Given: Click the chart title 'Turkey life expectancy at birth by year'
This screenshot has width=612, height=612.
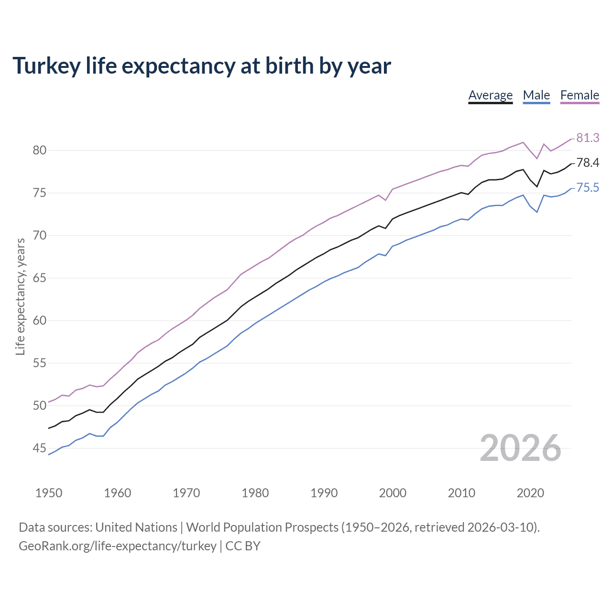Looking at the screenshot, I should click(x=201, y=66).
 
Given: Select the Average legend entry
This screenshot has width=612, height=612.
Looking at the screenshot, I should click(x=490, y=95).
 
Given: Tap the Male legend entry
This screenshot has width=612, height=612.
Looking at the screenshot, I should click(x=536, y=95).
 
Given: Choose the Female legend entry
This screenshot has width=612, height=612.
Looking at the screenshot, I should click(x=579, y=95).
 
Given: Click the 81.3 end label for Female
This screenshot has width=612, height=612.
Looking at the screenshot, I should click(x=588, y=138).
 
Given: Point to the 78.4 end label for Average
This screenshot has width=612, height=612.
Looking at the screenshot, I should click(x=588, y=163).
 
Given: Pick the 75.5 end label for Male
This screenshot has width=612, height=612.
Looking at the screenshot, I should click(x=588, y=188).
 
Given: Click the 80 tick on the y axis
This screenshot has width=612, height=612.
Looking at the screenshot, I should click(x=39, y=151).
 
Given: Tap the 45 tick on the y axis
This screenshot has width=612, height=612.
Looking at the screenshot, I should click(x=39, y=448).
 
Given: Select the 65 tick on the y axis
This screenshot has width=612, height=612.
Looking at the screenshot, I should click(x=39, y=278).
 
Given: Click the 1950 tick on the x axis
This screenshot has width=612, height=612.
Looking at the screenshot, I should click(x=49, y=493).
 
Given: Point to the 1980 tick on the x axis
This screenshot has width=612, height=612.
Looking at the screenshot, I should click(x=255, y=493).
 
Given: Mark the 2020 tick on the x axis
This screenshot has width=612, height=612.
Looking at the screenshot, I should click(x=530, y=493).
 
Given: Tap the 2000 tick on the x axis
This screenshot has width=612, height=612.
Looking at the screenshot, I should click(x=393, y=493).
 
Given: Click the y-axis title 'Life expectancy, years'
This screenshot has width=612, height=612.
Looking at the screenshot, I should click(x=21, y=297).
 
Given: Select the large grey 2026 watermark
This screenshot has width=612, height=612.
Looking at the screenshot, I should click(x=520, y=448).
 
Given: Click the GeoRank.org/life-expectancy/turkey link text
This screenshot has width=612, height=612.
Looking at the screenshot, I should click(x=118, y=546).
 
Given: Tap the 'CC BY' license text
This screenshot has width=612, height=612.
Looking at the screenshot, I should click(x=243, y=546).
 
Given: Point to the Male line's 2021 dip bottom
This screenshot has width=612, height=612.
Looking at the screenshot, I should click(x=537, y=212).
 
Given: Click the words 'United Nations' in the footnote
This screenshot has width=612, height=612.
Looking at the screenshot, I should click(x=136, y=527).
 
